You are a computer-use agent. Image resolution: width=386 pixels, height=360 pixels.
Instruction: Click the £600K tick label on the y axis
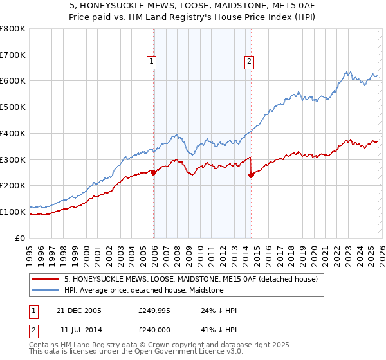(13, 81)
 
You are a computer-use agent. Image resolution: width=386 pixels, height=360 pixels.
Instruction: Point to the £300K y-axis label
(13, 159)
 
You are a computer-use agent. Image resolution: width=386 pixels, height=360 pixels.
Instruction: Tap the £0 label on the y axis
(21, 238)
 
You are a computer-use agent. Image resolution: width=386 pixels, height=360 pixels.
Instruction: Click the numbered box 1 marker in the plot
(151, 62)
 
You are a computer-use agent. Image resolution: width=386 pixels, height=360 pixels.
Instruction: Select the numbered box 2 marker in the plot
(248, 62)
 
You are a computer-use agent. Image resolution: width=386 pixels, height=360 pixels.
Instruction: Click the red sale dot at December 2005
(154, 172)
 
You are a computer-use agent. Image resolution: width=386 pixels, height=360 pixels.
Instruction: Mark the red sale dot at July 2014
(251, 175)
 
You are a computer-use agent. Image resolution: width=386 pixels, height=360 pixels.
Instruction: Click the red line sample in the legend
(46, 279)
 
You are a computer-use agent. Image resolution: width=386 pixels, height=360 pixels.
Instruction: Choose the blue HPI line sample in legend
(46, 290)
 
